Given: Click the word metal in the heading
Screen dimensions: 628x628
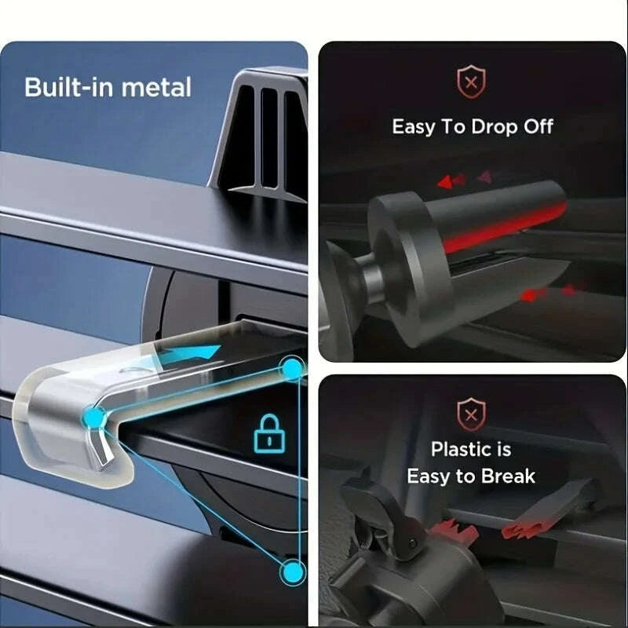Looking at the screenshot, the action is point(156,87).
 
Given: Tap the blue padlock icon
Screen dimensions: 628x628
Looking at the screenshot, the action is point(269,434).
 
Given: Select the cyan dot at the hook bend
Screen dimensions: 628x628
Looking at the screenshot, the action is point(94,418).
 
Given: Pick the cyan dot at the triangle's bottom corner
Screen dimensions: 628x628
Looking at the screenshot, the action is point(294,571).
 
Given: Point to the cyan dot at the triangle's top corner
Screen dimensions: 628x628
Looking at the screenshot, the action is point(293,367).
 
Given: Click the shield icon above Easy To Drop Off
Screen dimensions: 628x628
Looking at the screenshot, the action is point(472,82).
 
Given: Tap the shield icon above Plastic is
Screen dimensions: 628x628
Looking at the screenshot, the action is point(472,414).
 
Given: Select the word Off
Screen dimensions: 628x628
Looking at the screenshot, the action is point(539,126).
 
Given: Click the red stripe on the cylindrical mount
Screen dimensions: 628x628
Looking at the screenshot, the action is point(505,228).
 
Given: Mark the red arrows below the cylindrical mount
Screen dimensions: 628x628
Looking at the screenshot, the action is point(548,293).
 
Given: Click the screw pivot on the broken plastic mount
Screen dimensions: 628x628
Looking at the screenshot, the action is point(411,542).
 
